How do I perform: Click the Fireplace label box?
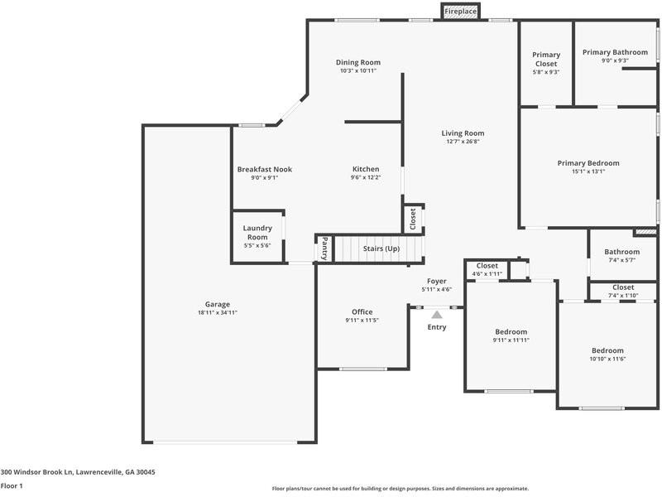click(461, 12)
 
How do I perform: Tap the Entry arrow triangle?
click(436, 314)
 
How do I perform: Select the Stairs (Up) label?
click(381, 248)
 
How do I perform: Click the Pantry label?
click(324, 249)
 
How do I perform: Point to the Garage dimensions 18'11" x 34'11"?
click(218, 313)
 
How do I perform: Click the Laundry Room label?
click(257, 233)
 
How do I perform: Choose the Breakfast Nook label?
click(264, 169)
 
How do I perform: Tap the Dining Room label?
click(357, 62)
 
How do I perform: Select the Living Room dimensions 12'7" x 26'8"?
click(463, 142)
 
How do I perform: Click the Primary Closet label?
click(545, 60)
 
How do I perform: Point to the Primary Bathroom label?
click(615, 52)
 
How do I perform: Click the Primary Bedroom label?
click(588, 163)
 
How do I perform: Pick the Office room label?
click(362, 312)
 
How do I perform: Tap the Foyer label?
click(436, 282)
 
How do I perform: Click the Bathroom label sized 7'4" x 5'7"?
click(621, 252)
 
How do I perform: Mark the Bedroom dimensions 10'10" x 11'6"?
click(607, 359)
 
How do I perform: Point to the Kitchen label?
click(365, 169)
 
